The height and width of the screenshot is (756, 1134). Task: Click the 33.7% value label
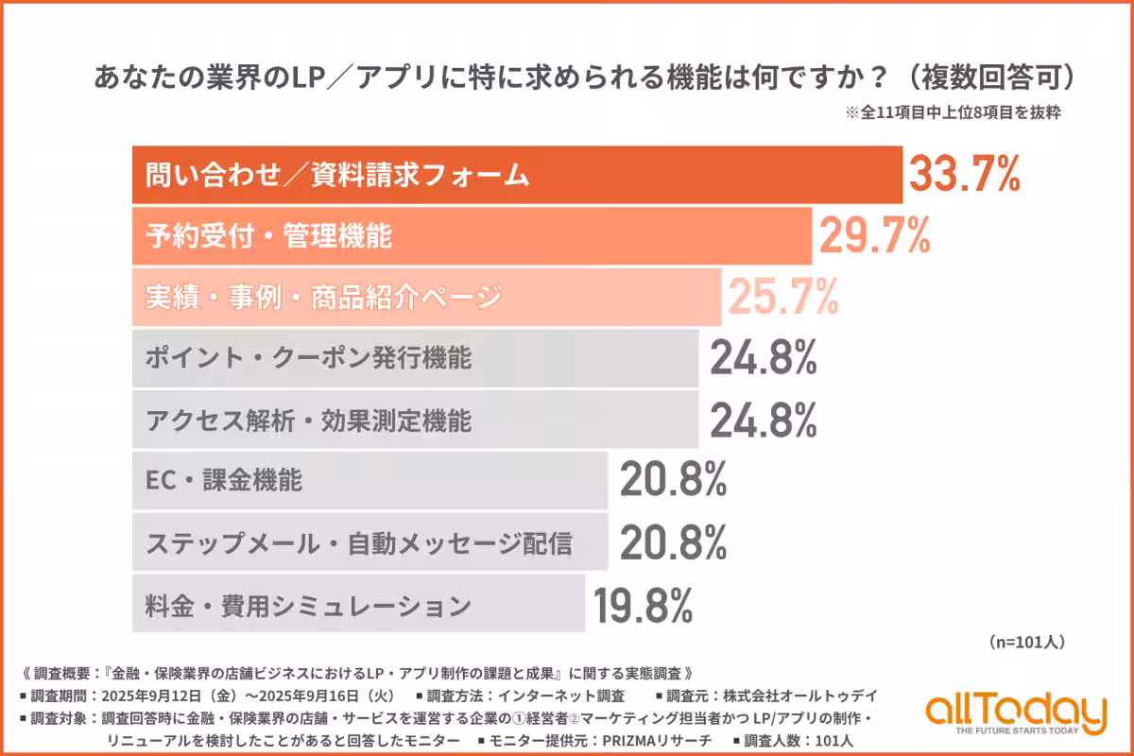965,175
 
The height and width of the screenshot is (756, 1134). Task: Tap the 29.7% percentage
874,236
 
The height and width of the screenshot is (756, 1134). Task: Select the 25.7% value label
782,298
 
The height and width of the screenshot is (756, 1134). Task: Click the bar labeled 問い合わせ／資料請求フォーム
517,175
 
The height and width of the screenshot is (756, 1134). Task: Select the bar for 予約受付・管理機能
472,236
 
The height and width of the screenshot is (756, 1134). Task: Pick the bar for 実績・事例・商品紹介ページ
426,298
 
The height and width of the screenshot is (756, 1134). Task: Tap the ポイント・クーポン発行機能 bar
415,359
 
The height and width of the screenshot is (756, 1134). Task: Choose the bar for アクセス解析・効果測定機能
415,421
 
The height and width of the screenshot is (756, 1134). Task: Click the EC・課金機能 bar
369,481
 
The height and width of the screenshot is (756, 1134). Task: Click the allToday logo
1016,709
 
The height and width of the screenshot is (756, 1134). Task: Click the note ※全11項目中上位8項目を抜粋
954,112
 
